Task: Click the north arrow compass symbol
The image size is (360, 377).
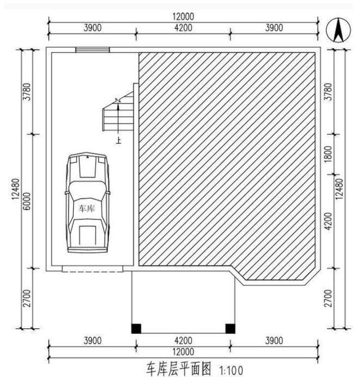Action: (x=337, y=31)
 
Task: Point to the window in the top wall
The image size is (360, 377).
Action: (x=92, y=50)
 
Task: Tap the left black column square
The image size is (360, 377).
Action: (x=136, y=329)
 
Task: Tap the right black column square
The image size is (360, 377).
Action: (x=229, y=329)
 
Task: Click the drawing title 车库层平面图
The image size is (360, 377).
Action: (x=178, y=369)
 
